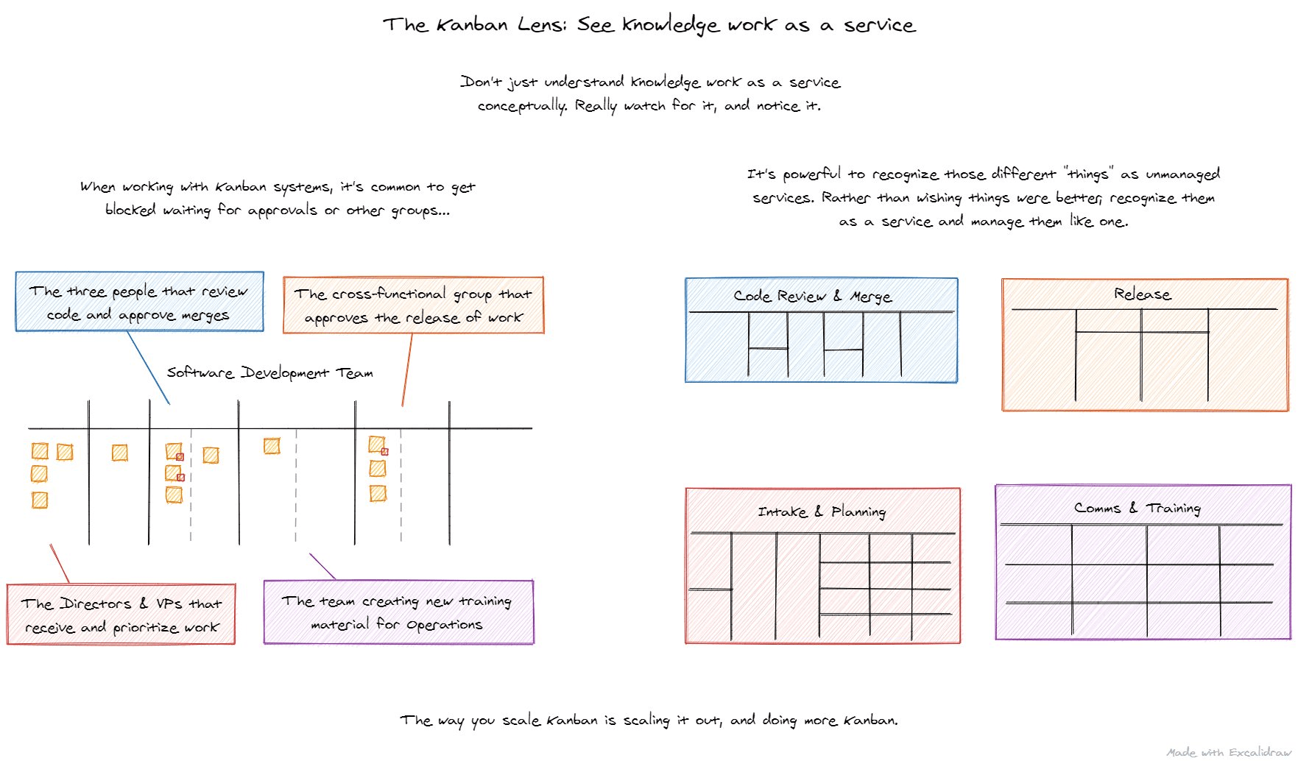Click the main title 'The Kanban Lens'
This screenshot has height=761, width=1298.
(648, 25)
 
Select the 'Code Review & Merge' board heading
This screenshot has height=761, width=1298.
(812, 296)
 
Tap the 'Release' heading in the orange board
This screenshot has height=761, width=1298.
(1142, 294)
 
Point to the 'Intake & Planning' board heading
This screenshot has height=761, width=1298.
(821, 512)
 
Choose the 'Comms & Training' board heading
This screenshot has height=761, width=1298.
(1137, 508)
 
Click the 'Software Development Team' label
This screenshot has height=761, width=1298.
(269, 372)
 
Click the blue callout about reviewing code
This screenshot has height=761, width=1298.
(139, 302)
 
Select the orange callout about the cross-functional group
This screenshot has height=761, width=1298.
(413, 305)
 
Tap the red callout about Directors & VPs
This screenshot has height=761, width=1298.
(121, 615)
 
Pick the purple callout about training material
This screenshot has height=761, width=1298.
(398, 612)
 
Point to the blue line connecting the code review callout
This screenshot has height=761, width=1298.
(148, 367)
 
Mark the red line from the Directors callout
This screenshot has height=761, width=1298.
(60, 564)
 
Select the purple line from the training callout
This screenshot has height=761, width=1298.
(322, 566)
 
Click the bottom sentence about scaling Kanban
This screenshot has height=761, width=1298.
(649, 720)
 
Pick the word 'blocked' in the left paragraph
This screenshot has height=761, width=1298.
(130, 210)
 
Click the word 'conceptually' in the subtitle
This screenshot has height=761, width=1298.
(522, 106)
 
